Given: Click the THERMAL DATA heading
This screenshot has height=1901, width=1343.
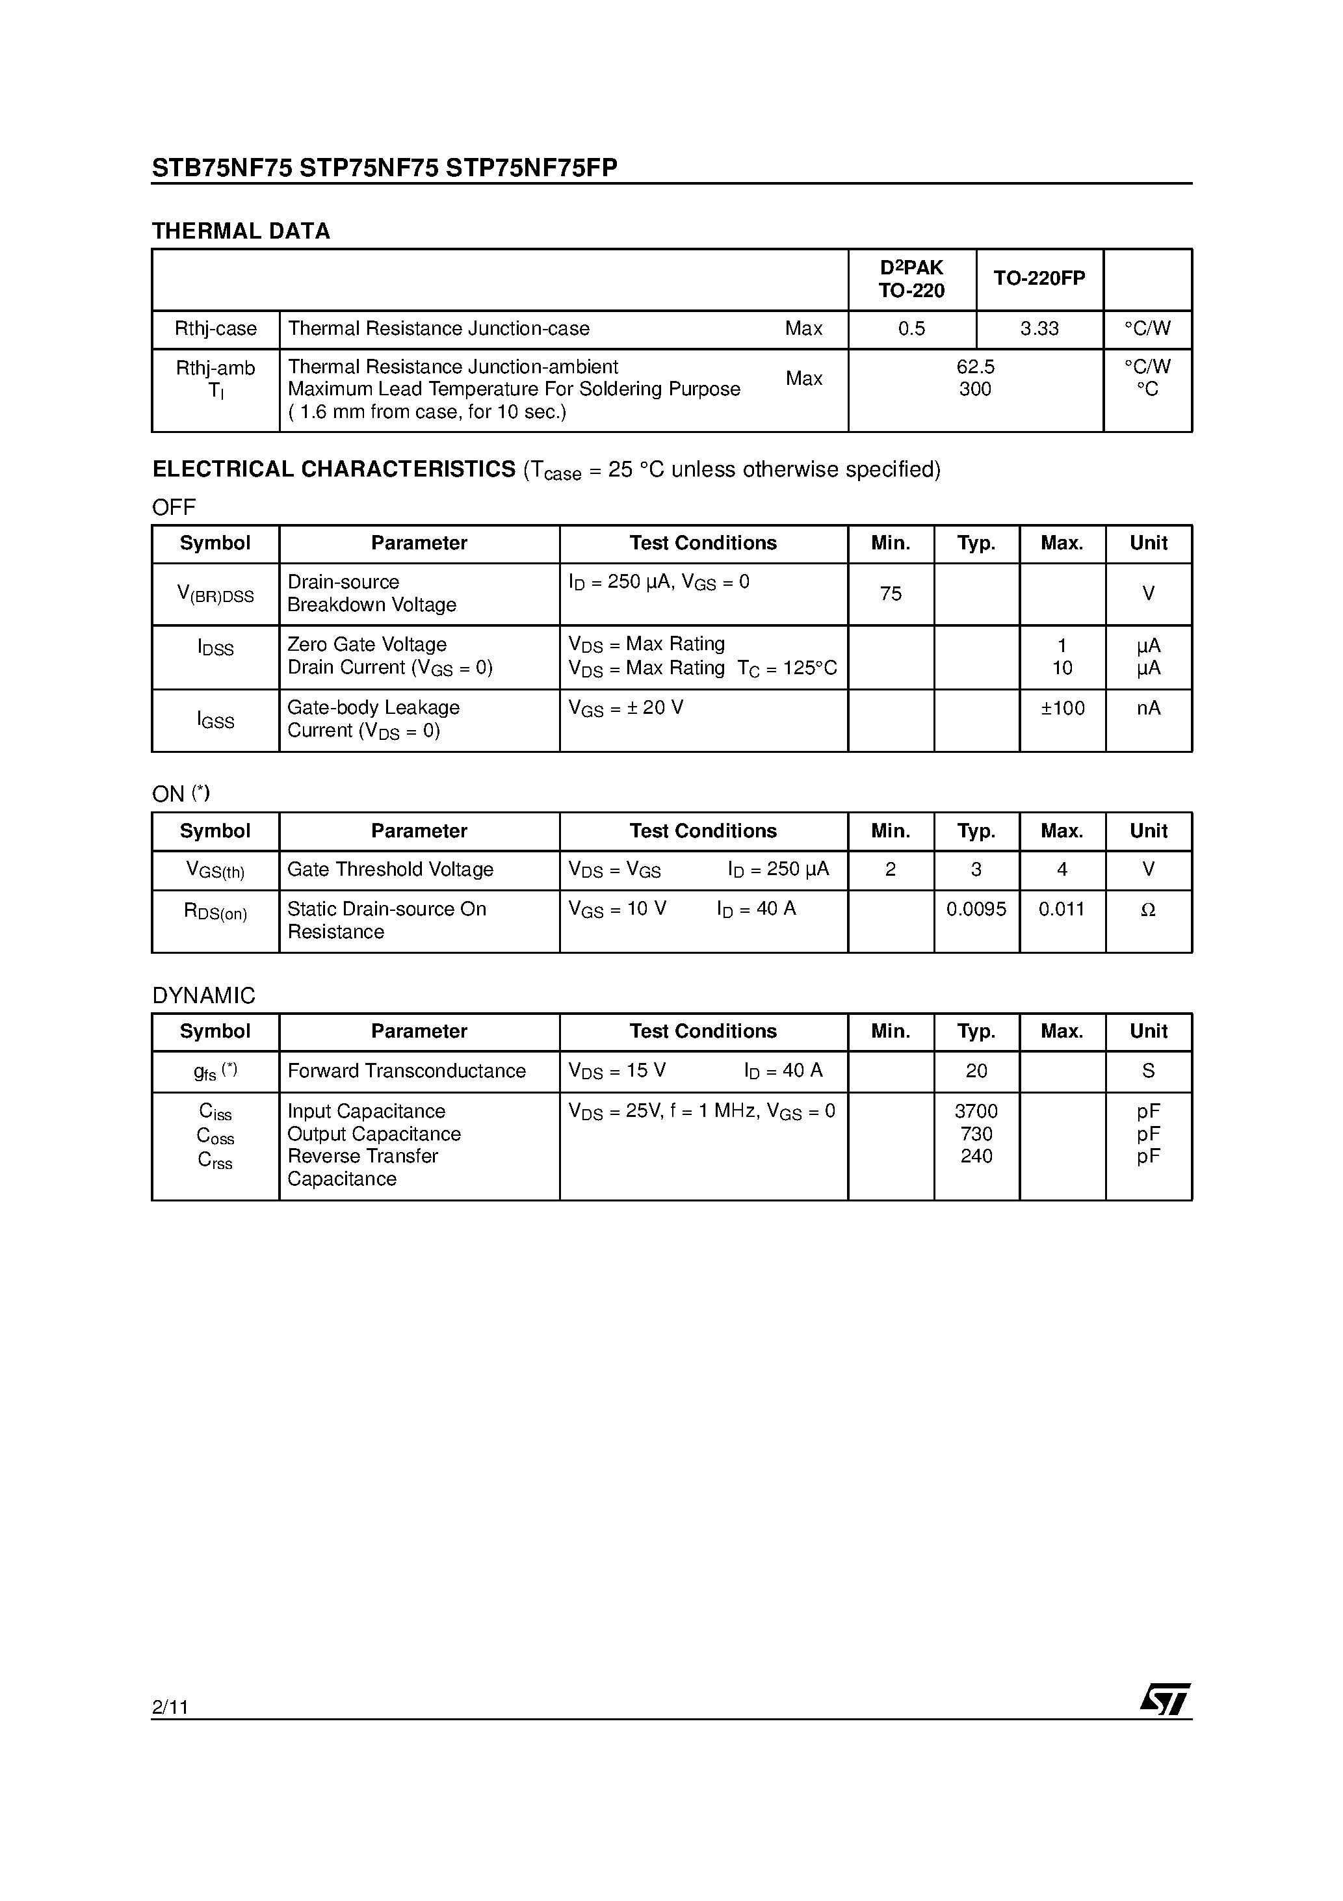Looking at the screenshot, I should (241, 231).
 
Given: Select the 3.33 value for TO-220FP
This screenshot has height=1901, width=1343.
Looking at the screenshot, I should (1039, 329).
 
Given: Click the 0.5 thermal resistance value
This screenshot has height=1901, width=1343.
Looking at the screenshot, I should (911, 329).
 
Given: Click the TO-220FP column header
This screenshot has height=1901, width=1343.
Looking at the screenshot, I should (1039, 279).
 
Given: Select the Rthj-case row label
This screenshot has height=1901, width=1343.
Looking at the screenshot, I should (215, 329).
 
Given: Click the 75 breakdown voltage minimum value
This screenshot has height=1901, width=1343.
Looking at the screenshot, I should (891, 594).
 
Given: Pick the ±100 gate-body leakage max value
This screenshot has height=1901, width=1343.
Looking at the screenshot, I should (1062, 708).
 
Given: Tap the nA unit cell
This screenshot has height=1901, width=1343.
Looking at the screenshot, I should (1149, 708).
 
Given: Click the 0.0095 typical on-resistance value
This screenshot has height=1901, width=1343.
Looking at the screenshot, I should (976, 909).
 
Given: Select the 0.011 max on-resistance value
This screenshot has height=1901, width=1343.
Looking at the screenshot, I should (1062, 909).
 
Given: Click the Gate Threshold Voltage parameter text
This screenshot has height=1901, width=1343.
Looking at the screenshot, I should (390, 869).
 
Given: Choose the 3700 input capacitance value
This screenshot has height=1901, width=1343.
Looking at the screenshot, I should (976, 1111).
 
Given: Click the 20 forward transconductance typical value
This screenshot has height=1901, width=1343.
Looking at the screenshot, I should (976, 1071).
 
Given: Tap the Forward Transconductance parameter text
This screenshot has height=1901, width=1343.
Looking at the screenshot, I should (406, 1071).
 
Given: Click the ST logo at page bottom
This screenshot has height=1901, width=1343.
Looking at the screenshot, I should (1166, 1699).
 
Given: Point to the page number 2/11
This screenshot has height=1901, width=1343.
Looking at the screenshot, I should (170, 1707).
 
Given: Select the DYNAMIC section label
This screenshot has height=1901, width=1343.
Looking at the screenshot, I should (203, 995).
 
